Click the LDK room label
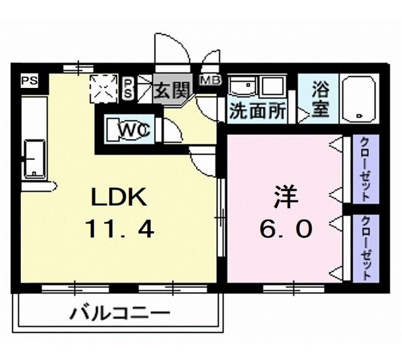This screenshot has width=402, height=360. (x=119, y=198)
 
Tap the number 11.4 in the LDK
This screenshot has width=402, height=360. (x=119, y=231)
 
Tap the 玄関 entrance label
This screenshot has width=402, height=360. (x=171, y=91)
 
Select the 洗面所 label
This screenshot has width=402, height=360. (x=257, y=111)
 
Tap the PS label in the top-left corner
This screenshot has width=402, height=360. (x=29, y=80)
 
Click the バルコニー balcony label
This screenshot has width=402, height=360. (x=119, y=312)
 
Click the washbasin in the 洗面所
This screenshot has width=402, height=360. (x=241, y=87)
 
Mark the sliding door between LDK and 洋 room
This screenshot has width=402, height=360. (x=220, y=217)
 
